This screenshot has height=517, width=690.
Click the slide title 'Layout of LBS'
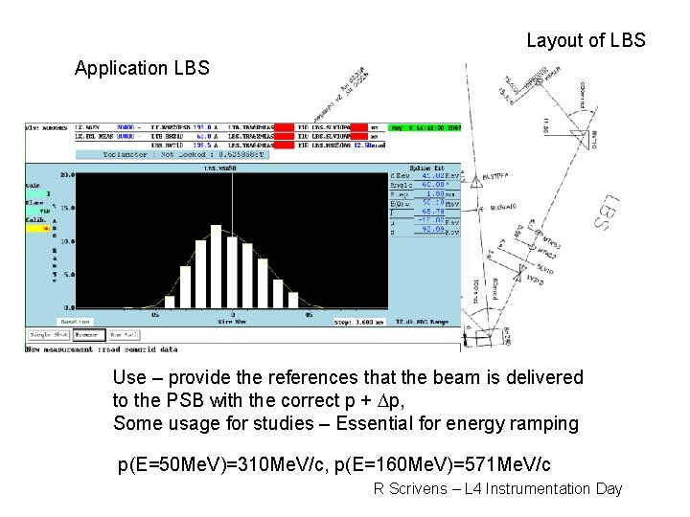pos(586,41)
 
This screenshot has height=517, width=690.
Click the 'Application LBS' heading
pos(142,68)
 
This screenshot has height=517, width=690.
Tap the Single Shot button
pos(48,334)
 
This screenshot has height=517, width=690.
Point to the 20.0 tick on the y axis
pos(66,176)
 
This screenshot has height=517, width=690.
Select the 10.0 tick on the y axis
pos(66,242)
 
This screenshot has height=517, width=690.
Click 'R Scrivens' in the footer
pos(408,489)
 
